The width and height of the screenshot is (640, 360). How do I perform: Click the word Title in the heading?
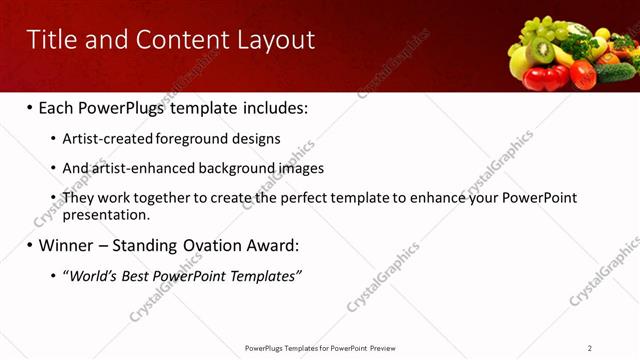(x=52, y=40)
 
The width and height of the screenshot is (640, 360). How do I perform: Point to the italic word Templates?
(x=266, y=275)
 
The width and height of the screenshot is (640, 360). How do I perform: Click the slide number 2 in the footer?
(x=590, y=348)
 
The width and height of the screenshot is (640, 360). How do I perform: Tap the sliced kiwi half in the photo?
(x=543, y=48)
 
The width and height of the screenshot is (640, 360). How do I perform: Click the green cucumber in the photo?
(x=614, y=71)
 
